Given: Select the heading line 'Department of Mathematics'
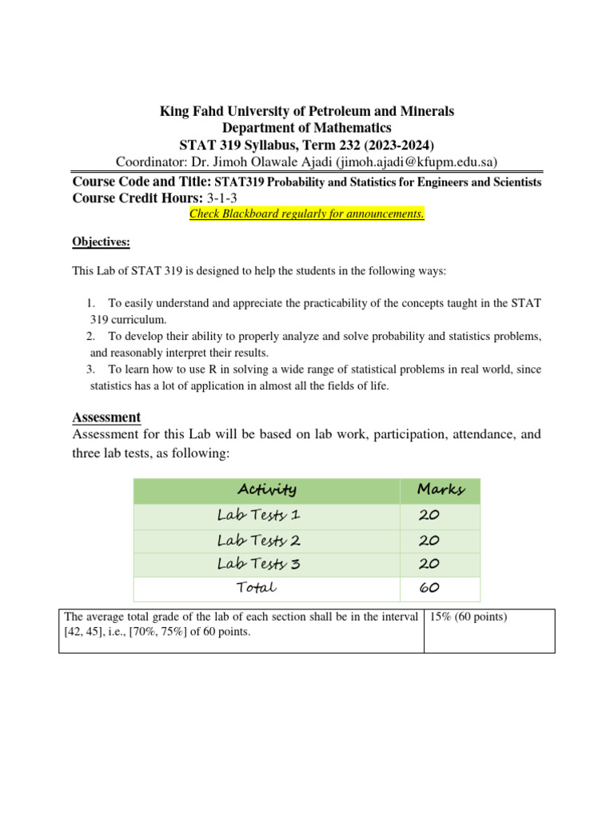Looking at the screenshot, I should tap(307, 128).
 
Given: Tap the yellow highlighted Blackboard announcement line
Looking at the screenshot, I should tap(307, 214).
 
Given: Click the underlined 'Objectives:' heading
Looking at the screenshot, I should tap(102, 242).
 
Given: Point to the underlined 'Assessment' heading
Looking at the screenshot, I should tap(106, 417).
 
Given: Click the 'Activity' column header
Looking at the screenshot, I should tap(266, 489).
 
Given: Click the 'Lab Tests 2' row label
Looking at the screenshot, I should tap(258, 540).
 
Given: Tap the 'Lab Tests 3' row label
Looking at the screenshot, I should tap(258, 564).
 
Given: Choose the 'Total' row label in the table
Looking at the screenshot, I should tap(256, 588).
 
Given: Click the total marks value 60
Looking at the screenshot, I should tap(429, 588).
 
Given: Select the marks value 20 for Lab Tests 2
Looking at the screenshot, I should tap(429, 540).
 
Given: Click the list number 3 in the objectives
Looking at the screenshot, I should tap(90, 369).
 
